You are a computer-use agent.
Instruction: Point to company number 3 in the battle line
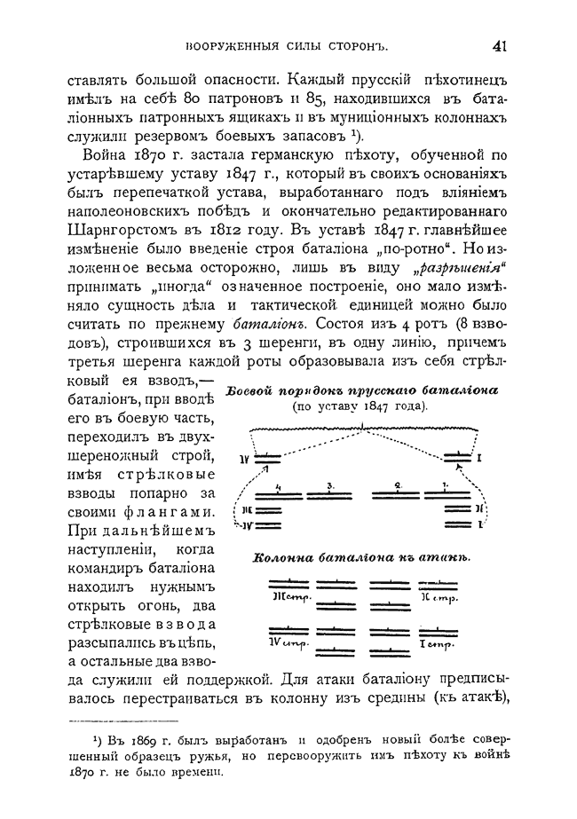coord(329,486)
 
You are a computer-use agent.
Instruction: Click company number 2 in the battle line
coord(399,486)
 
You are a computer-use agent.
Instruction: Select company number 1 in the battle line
coord(444,486)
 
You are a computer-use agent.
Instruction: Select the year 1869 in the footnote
coord(134,741)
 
